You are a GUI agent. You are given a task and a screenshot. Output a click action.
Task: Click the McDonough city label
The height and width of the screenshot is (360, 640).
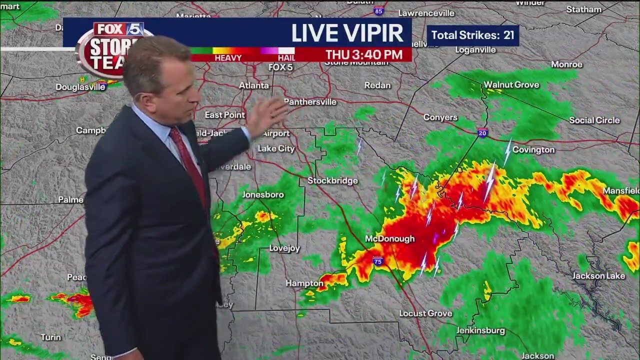[389, 239]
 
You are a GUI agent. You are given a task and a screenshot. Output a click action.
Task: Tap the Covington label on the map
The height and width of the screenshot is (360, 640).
[533, 150]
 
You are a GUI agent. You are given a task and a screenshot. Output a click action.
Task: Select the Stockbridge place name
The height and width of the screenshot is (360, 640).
[332, 181]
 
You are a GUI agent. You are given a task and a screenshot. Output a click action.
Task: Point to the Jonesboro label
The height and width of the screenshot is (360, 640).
[263, 195]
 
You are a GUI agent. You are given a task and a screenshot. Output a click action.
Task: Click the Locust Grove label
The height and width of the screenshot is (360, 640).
[425, 313]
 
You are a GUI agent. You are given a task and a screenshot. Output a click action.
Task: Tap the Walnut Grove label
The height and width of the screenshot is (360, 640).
[511, 85]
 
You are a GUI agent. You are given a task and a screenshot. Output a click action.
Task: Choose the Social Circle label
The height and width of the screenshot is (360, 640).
[594, 120]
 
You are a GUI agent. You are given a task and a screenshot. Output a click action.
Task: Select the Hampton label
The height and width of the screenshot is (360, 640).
[304, 283]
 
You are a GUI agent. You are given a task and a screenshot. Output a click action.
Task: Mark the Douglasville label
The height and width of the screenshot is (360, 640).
[80, 87]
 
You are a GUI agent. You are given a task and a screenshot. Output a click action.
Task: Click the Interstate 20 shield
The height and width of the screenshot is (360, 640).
[482, 132]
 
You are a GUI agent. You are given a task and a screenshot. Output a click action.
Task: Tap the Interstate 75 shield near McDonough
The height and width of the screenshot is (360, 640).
[377, 261]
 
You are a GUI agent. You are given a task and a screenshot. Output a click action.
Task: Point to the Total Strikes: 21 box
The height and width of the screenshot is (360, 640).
[472, 35]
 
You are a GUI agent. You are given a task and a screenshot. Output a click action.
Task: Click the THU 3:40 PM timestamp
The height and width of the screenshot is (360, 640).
[364, 55]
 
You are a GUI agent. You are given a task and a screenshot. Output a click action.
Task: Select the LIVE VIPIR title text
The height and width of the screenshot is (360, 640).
[347, 33]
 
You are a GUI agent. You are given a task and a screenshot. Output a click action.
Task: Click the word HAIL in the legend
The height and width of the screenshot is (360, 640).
[286, 58]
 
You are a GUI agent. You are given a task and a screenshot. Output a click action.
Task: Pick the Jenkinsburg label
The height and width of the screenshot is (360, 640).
[480, 331]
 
